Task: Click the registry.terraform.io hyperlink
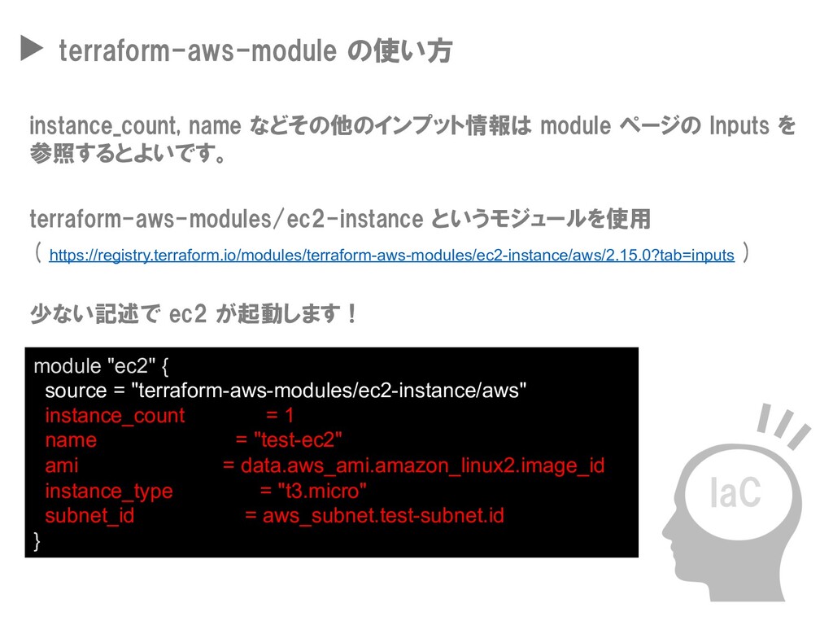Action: coord(391,256)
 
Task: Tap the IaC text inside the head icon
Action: coord(735,492)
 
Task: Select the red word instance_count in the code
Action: coord(115,416)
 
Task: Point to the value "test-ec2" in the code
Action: coord(299,441)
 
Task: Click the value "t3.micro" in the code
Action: coord(323,492)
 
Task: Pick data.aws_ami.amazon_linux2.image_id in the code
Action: coord(422,466)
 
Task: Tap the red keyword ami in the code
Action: coord(62,466)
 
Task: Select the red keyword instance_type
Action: coord(109,492)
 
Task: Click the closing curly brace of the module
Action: coord(36,541)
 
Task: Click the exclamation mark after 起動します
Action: coord(351,313)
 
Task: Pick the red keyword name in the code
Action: coord(71,441)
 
